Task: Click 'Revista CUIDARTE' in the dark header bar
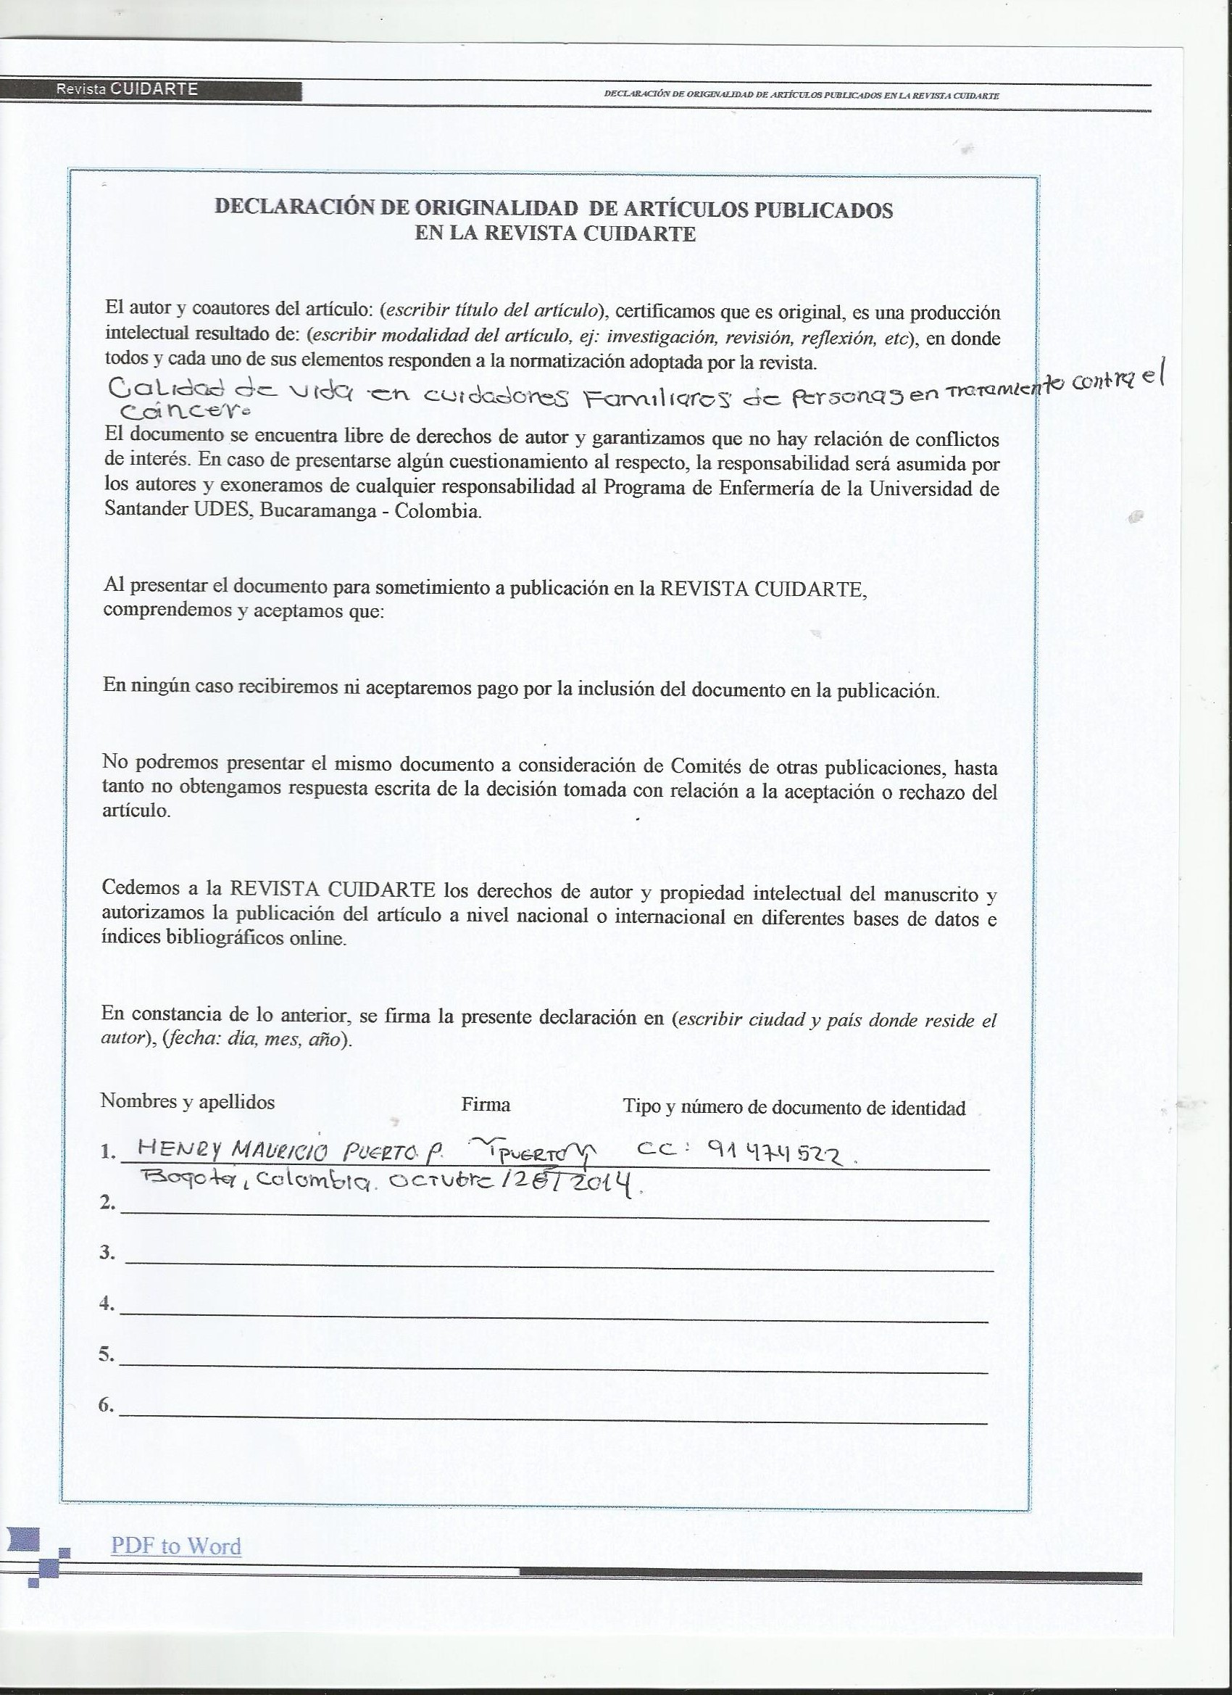coord(126,89)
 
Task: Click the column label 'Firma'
coord(486,1105)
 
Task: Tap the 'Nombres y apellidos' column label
coord(188,1101)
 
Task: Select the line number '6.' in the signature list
coord(107,1405)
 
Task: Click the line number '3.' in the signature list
coord(108,1252)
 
